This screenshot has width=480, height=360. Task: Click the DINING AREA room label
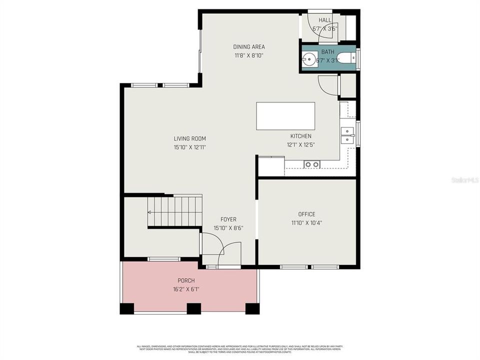coord(248,47)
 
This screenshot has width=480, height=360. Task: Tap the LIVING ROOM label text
coord(189,138)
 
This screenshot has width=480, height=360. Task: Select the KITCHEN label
coord(300,136)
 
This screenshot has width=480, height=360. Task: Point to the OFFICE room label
coord(306,214)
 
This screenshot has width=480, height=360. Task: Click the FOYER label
coord(228,219)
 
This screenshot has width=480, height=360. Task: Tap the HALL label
coord(325,20)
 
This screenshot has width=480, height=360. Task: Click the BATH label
coord(327,51)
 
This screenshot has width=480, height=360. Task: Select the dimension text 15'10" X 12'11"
coord(189,147)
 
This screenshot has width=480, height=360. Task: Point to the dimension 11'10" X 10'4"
coord(306,222)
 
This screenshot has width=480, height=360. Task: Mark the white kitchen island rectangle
coord(285,116)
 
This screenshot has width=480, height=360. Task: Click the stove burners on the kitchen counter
coord(312,164)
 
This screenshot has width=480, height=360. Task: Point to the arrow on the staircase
coord(149,212)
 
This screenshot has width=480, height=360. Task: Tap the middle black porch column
coord(193,308)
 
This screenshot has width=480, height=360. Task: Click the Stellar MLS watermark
coord(465,179)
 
